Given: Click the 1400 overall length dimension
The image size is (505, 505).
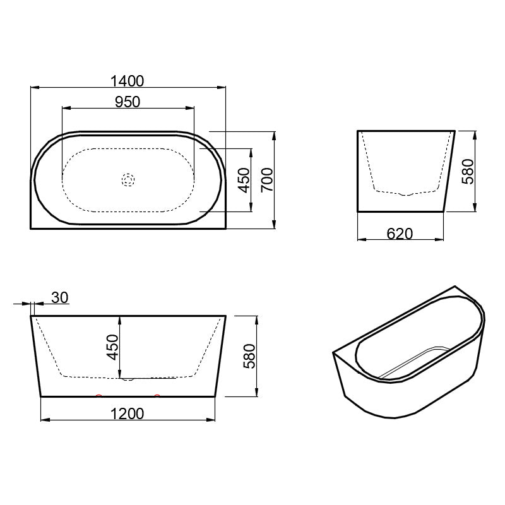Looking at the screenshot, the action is [128, 81].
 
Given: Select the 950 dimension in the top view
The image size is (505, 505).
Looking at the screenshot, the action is [128, 102].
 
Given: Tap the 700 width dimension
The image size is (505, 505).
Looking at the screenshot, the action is [267, 180].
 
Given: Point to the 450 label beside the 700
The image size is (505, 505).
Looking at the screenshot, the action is [244, 180].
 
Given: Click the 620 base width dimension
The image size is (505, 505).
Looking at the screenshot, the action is [400, 234].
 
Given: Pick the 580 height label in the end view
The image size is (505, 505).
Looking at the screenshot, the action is [468, 171].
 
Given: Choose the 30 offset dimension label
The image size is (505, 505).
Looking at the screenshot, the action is [60, 298].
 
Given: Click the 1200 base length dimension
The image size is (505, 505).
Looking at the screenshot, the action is [128, 414].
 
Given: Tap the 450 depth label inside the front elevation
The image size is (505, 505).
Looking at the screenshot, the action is [113, 347].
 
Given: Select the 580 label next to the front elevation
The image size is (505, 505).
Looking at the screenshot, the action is [249, 356].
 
